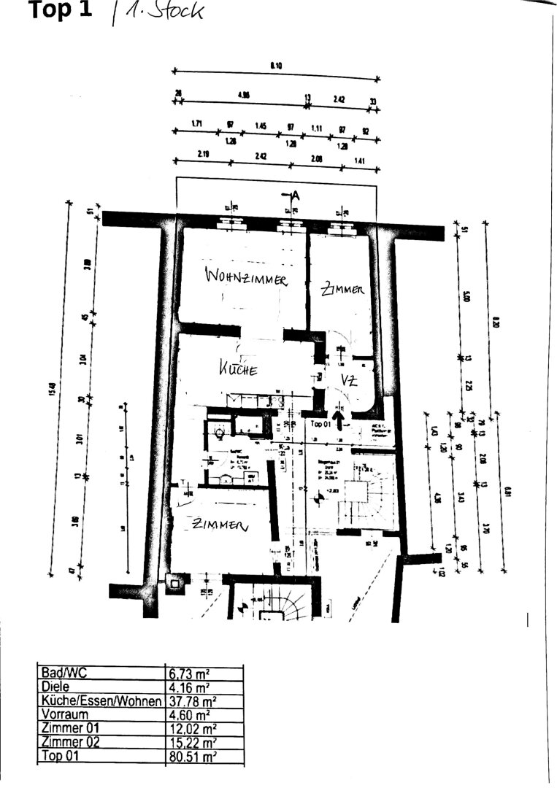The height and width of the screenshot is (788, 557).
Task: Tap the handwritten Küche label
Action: (239, 369)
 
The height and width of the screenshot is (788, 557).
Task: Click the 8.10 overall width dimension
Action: (276, 66)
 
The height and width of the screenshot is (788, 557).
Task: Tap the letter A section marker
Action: (295, 195)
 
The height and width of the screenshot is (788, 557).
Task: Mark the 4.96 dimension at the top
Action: (244, 96)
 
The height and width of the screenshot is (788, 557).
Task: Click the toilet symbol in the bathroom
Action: (220, 433)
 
